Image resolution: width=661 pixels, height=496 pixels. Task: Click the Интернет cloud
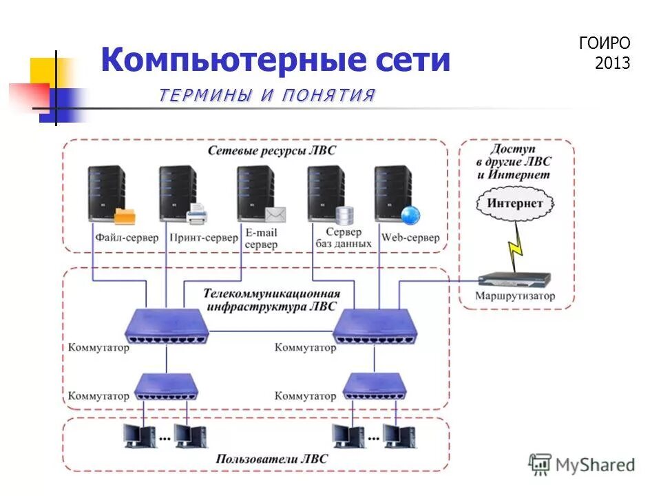click(514, 203)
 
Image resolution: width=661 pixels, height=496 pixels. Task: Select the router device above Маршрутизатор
click(514, 279)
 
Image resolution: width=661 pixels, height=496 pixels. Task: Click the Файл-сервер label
click(125, 238)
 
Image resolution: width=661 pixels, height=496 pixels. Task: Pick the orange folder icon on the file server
click(125, 216)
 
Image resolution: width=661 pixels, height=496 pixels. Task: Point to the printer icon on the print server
click(196, 216)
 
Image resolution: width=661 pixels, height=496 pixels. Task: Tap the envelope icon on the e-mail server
click(275, 215)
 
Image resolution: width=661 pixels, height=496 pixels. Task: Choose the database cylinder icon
click(344, 216)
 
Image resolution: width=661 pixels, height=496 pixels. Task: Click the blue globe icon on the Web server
click(410, 215)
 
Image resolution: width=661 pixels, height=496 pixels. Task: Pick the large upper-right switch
click(375, 326)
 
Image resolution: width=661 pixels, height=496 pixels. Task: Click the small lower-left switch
click(166, 386)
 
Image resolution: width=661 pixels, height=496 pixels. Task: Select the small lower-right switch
click(375, 386)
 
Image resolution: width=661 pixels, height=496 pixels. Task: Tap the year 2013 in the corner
click(612, 63)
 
